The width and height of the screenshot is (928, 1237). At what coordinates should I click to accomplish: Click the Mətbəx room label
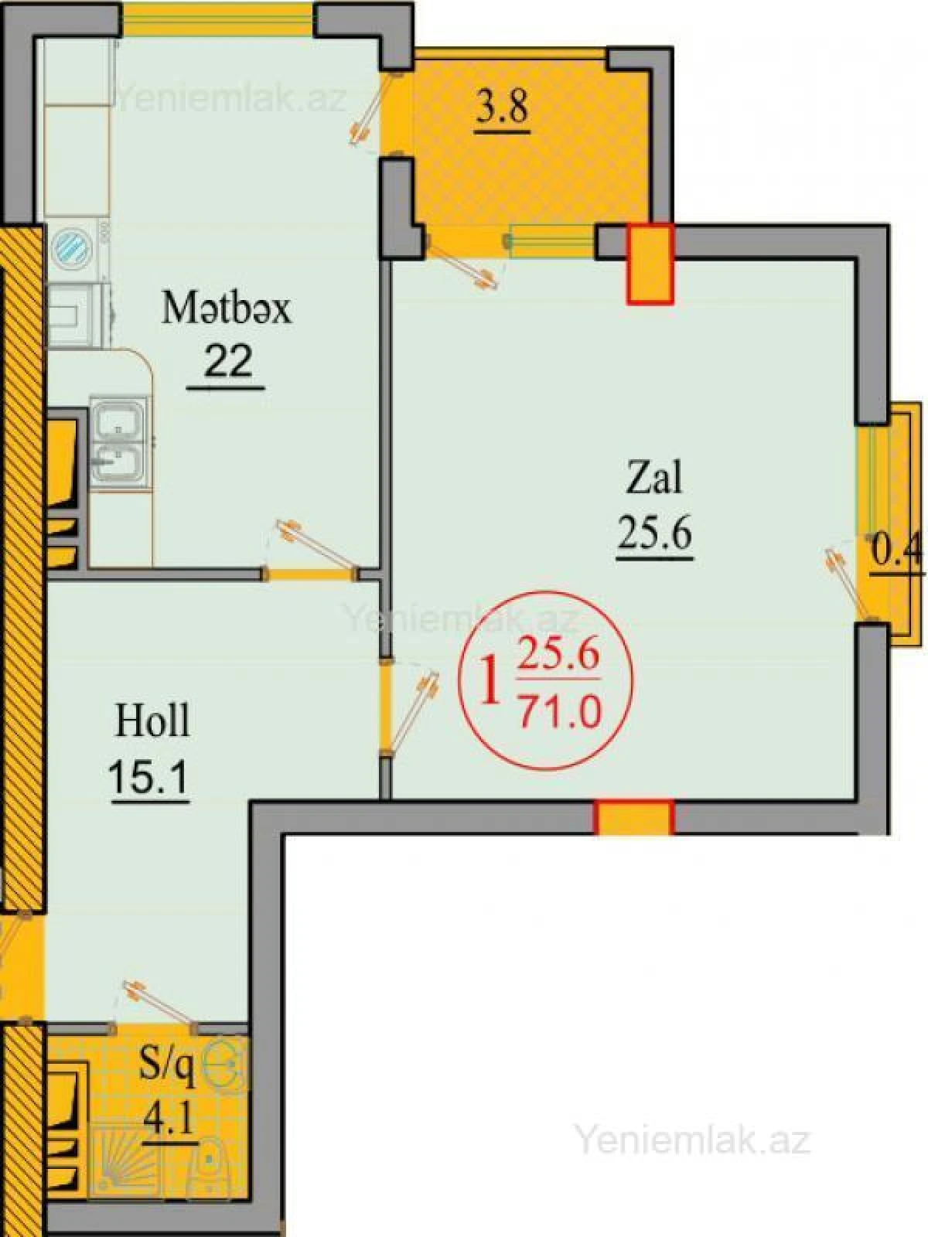click(226, 308)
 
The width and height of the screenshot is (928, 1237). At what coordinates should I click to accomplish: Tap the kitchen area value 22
click(227, 360)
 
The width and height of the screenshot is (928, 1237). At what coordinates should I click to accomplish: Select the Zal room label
click(654, 478)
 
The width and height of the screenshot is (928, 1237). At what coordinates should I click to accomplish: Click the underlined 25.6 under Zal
click(654, 533)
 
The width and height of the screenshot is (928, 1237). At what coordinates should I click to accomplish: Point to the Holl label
click(152, 721)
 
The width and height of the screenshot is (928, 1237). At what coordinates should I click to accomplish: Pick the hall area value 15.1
click(149, 776)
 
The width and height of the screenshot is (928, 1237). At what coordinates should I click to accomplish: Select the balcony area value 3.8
click(502, 107)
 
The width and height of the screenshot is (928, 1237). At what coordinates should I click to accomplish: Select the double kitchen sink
click(117, 444)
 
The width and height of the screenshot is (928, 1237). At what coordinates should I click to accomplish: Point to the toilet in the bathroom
click(209, 1160)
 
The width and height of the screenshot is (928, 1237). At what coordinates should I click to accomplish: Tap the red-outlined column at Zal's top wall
click(650, 263)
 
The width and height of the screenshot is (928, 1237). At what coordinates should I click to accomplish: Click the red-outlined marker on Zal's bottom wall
click(634, 818)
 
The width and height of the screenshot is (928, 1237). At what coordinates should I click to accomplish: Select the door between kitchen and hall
click(309, 573)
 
